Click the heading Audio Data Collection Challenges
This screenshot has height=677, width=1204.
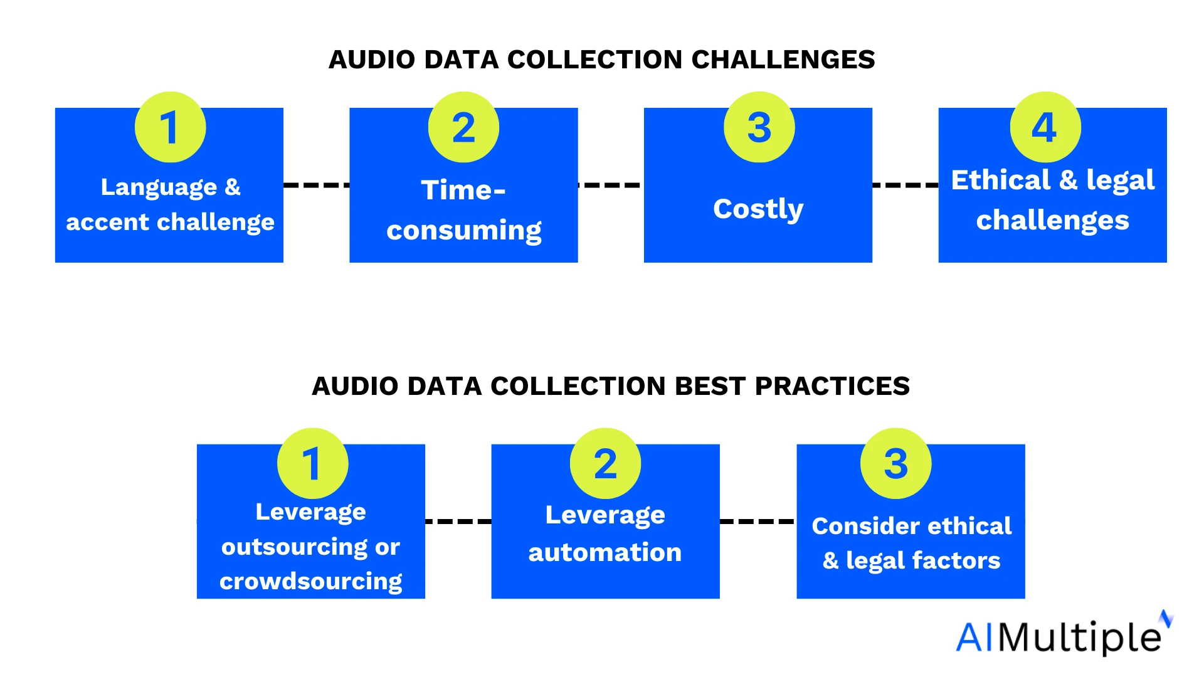pos(602,60)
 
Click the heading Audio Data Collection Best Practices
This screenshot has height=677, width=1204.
pos(611,386)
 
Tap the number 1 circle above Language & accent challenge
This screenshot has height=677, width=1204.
pos(171,127)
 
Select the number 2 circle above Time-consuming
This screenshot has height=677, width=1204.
pos(464,127)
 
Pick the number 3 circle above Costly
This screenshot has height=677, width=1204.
pos(759,127)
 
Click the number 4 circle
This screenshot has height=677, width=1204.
pos(1045,127)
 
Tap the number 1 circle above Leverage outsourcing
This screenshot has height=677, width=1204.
pos(312,463)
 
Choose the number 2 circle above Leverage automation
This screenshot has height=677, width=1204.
pos(605,463)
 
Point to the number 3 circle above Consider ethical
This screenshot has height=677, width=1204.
pos(896,463)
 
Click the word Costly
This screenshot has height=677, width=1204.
pos(758,209)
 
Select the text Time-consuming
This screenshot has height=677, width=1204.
pos(464,210)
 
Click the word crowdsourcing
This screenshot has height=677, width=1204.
pos(311,582)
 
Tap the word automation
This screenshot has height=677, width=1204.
pos(605,553)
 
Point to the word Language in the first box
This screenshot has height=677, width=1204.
pos(159,187)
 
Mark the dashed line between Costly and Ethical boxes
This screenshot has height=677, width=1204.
pos(906,185)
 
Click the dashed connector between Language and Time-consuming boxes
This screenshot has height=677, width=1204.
pos(317,185)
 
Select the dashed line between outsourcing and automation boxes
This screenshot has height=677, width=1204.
pos(458,521)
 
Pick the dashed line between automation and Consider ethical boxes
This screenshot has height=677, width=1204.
pos(758,521)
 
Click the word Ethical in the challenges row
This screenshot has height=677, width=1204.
pos(1001,181)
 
